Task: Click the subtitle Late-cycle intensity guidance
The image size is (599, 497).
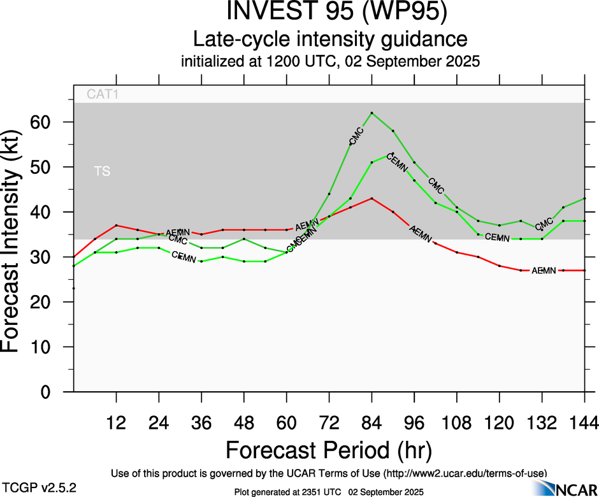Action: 330,40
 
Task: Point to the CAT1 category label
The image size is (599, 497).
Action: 103,95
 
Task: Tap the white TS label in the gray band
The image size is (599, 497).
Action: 102,171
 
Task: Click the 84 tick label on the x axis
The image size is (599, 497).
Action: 372,422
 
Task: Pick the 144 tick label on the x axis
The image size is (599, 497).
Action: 584,422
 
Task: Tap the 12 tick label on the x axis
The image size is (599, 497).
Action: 116,422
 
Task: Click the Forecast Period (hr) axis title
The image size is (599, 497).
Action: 329,449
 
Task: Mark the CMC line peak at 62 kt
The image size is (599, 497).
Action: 372,113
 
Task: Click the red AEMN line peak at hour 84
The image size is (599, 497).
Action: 372,198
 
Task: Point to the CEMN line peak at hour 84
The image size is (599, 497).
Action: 372,162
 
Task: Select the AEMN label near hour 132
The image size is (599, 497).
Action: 544,271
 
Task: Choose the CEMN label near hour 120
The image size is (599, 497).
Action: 498,237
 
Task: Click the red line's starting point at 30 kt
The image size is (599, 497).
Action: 74,257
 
